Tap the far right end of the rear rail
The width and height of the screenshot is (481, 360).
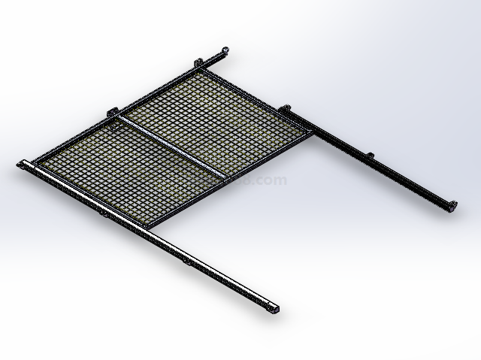pos(452,206)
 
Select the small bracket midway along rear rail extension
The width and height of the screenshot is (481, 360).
pos(369,156)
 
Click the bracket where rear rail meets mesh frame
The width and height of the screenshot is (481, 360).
pos(286,109)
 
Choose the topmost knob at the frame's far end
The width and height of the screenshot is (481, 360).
pos(224,50)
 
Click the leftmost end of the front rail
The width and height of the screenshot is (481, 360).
pos(20,164)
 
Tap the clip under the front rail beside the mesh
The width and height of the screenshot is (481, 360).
pos(103,212)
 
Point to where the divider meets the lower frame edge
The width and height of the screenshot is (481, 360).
pos(224,174)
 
